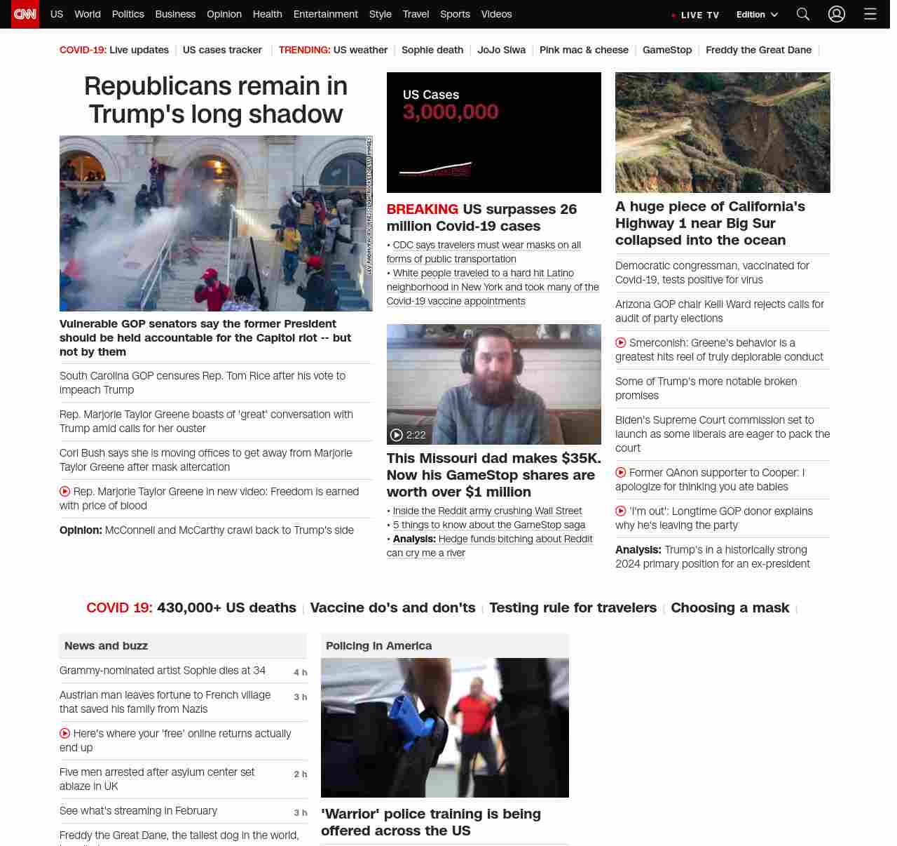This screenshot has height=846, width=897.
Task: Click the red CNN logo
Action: [25, 14]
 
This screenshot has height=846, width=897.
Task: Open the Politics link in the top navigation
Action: [128, 14]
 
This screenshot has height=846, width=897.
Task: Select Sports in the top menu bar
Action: [455, 14]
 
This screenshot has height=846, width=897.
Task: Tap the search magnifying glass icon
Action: [803, 14]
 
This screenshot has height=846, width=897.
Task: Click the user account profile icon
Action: [837, 14]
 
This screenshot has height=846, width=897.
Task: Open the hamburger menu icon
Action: [870, 14]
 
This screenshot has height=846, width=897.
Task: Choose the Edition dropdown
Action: [757, 15]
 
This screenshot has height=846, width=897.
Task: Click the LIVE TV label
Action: [699, 15]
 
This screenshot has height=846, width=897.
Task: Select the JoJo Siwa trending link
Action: [501, 50]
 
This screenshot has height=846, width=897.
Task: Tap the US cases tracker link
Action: [222, 50]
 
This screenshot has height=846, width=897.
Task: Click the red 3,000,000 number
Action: [451, 112]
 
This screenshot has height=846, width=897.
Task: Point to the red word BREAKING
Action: [422, 209]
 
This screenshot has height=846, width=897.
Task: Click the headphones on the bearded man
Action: [466, 358]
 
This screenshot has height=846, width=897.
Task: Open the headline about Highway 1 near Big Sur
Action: [710, 223]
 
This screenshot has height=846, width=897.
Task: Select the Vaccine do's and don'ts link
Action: [392, 607]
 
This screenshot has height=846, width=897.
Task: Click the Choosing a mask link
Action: [730, 607]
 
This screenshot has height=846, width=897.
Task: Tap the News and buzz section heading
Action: [106, 645]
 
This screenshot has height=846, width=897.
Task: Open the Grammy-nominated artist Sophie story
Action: [163, 671]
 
